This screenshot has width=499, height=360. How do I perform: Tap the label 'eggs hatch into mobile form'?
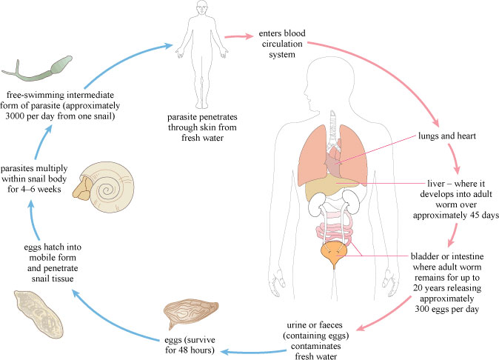[41, 251]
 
